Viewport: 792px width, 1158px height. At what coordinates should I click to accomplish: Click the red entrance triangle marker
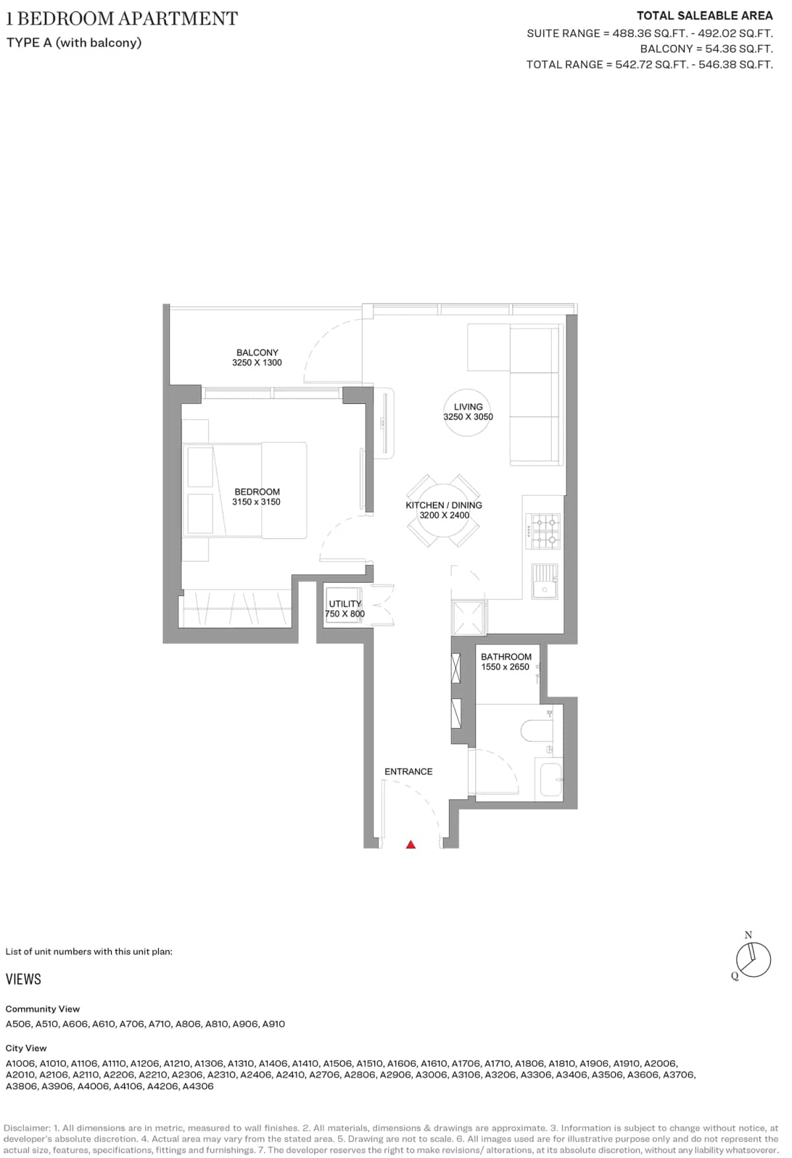click(x=411, y=844)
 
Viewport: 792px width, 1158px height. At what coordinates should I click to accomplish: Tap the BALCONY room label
click(x=257, y=353)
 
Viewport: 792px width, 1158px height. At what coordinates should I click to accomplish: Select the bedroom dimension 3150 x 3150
click(x=256, y=502)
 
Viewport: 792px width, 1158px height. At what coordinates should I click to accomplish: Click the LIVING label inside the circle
click(x=468, y=407)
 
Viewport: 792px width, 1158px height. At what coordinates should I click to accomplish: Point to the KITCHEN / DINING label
click(x=444, y=505)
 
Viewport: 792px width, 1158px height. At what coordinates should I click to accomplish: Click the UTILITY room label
click(x=345, y=603)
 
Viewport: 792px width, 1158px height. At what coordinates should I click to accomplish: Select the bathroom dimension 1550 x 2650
click(x=505, y=667)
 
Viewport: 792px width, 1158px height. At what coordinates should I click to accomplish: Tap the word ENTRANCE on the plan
click(x=409, y=771)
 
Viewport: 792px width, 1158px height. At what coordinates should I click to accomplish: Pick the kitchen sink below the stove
click(x=545, y=582)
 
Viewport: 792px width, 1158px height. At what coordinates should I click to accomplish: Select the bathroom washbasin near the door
click(x=550, y=779)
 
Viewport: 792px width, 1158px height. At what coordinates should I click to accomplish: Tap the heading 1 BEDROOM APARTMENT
click(x=122, y=18)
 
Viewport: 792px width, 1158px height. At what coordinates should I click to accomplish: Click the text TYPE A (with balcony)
click(x=74, y=43)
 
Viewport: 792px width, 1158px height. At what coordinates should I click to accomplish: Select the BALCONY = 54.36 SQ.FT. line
click(x=706, y=49)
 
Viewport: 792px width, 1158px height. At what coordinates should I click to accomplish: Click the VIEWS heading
click(x=24, y=979)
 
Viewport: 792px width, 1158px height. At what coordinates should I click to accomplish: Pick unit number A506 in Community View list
click(x=18, y=1024)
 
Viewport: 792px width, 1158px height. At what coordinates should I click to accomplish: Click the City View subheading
click(x=26, y=1048)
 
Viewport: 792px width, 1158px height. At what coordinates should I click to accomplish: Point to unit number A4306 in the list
click(x=198, y=1086)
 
